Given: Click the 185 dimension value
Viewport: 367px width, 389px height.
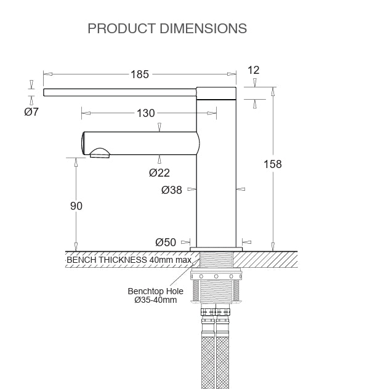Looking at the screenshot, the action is (x=140, y=74).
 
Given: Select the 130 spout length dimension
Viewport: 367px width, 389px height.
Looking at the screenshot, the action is (x=146, y=113).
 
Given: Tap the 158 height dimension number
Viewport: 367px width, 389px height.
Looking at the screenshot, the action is (x=272, y=164).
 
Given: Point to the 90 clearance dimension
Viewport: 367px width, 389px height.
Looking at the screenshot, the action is (x=76, y=206).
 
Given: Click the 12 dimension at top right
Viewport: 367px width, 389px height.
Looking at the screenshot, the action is (x=254, y=70).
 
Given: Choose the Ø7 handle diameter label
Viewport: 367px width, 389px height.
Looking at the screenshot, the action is (x=31, y=112).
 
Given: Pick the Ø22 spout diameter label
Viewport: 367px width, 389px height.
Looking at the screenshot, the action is (x=159, y=173).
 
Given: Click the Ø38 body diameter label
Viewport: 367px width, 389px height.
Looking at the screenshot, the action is (x=172, y=190).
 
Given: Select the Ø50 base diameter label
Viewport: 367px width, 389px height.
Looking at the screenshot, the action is (x=166, y=242).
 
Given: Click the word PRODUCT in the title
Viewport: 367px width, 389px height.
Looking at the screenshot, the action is (x=122, y=28).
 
